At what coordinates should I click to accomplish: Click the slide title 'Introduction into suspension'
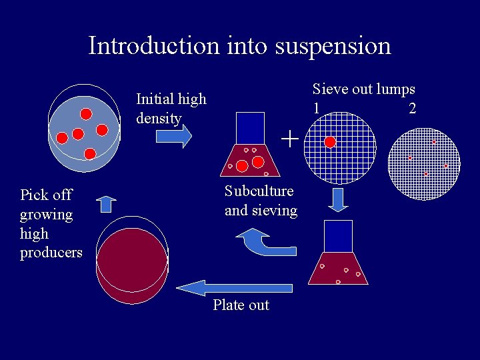(239, 46)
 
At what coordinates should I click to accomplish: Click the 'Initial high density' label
(171, 109)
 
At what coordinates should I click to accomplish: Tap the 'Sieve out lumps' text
(363, 89)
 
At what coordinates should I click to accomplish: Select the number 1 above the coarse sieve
(316, 108)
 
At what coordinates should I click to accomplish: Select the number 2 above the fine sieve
(412, 108)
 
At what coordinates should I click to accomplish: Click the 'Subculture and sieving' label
(261, 201)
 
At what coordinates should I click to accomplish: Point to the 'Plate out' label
(241, 305)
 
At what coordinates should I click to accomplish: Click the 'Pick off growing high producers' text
(51, 223)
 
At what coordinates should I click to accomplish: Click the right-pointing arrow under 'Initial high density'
(174, 136)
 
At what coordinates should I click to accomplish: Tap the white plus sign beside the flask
(289, 139)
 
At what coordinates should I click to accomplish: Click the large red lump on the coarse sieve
(329, 142)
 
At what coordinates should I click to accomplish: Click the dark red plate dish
(131, 257)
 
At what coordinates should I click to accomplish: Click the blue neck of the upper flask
(250, 127)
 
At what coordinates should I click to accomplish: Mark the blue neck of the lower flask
(338, 236)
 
